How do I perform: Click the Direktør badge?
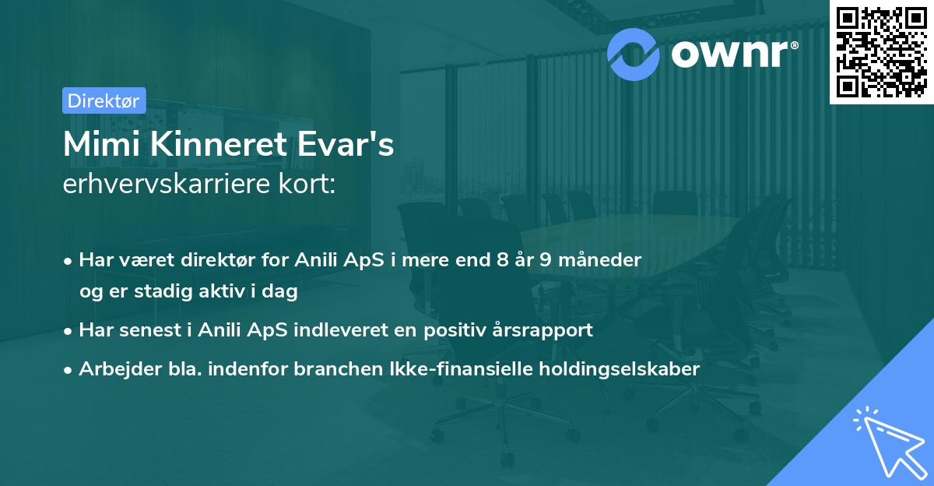[x=104, y=100]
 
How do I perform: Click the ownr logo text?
[x=735, y=54]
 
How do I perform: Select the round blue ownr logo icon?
[x=634, y=55]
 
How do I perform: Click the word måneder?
[x=601, y=260]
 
